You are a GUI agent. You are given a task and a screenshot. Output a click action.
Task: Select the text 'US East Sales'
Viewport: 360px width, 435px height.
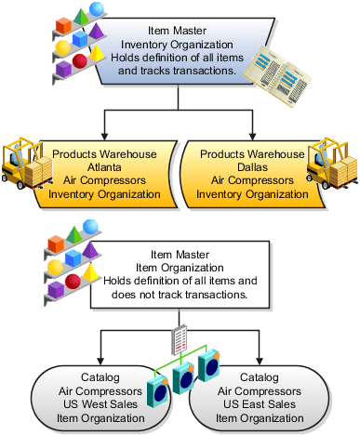coord(259,405)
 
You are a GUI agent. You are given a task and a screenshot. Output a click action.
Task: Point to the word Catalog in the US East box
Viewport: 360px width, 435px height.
coord(259,378)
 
